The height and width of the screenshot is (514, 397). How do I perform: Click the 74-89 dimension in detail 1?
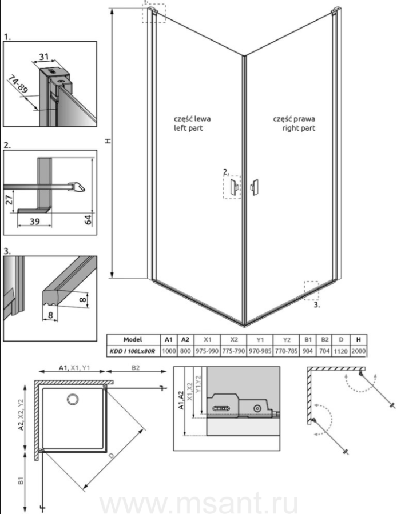(x=18, y=85)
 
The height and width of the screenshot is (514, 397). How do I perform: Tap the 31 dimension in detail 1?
(x=43, y=57)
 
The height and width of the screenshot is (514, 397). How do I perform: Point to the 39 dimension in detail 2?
(x=34, y=222)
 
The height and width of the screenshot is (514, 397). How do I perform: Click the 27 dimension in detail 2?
(x=9, y=199)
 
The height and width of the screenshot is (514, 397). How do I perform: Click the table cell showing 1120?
(x=340, y=351)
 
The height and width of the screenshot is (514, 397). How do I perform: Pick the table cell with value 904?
(x=308, y=351)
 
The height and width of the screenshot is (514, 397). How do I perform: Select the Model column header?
(x=133, y=340)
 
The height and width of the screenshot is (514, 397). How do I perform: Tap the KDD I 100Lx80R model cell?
(x=133, y=351)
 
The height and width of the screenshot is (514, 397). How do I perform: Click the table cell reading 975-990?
(x=207, y=351)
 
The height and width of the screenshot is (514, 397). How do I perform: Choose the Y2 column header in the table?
(x=287, y=340)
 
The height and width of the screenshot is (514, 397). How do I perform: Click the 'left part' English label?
(x=188, y=128)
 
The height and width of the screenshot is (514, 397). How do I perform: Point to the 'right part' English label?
(x=299, y=128)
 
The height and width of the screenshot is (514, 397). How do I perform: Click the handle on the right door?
(x=254, y=187)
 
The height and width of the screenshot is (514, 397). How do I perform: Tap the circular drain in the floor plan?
(x=72, y=399)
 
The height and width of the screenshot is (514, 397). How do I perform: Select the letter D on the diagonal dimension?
(x=112, y=456)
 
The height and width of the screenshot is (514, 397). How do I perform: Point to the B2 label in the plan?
(x=136, y=368)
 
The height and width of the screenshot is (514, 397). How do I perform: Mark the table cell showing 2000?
(x=358, y=351)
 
